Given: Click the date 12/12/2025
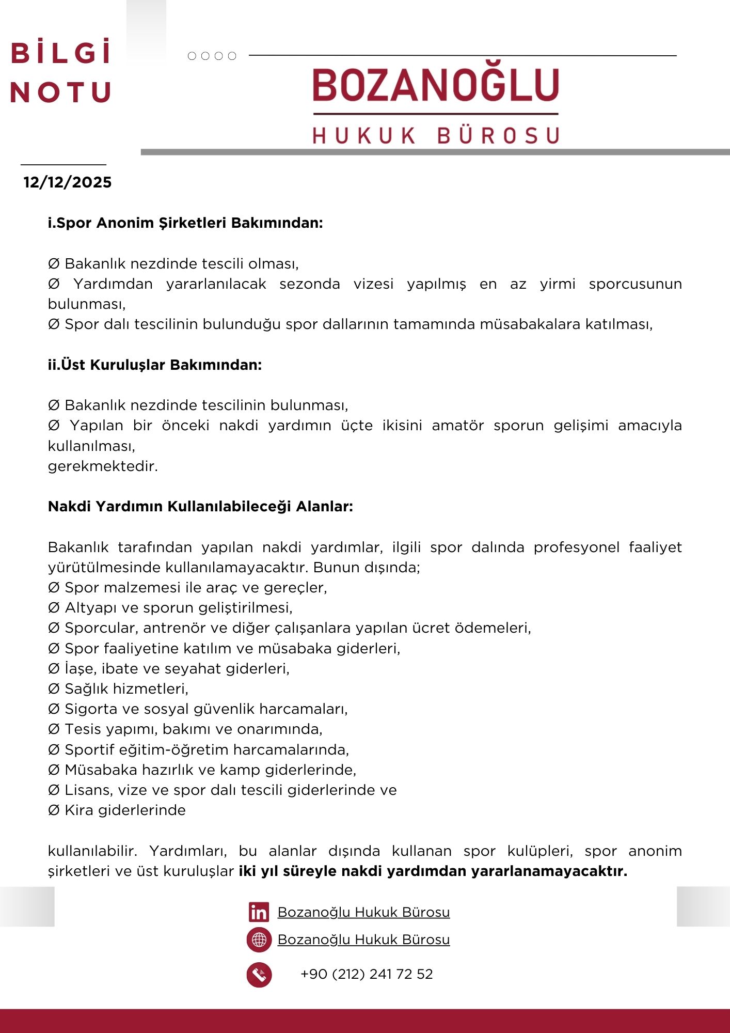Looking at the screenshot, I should tap(68, 182).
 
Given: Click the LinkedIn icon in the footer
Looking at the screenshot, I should tap(259, 912).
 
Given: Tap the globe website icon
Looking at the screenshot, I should tap(259, 940).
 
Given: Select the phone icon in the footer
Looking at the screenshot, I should tap(259, 975).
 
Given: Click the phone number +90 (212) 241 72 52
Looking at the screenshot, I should tap(367, 974).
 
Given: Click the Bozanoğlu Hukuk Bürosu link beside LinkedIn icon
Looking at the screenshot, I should tap(363, 912).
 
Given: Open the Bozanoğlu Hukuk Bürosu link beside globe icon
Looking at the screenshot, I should tap(363, 940).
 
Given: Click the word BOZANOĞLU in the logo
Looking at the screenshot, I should tap(436, 85).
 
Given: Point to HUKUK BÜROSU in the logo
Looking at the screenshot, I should tap(436, 135).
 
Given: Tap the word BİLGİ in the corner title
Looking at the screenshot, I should tap(61, 53).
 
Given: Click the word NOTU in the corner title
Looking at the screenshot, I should tap(61, 92).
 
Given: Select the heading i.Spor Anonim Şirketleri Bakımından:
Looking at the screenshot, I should tap(185, 223).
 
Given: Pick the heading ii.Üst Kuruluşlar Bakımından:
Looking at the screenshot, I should tap(155, 365).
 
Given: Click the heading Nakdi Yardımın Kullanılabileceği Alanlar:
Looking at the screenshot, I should tap(200, 507).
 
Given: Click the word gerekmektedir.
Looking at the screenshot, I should tap(103, 466).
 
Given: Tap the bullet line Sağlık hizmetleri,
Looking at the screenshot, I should tap(126, 689).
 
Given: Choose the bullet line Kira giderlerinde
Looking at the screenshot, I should tap(124, 810).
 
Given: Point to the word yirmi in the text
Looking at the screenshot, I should tap(557, 284).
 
